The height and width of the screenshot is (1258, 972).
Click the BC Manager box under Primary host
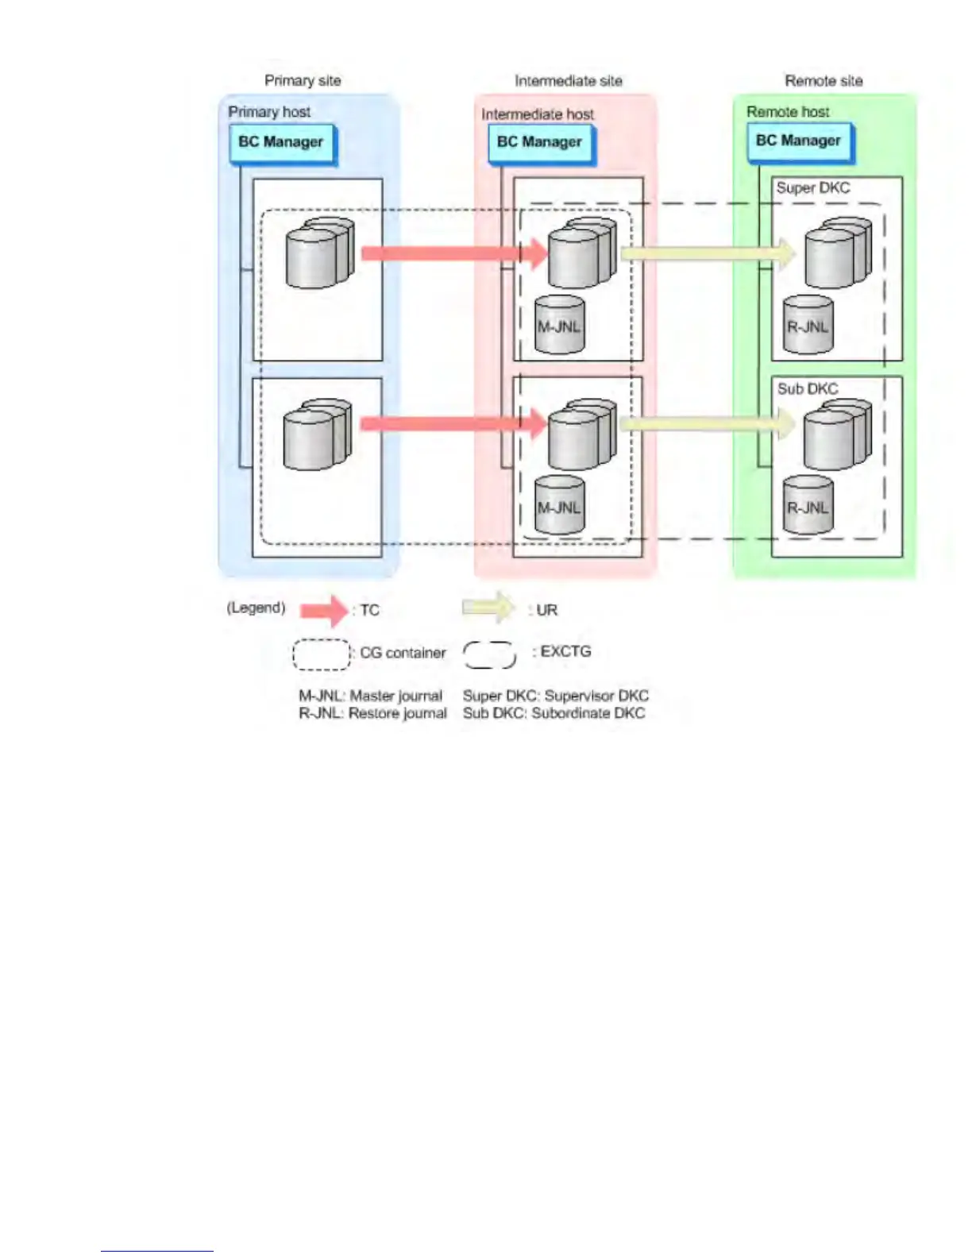click(282, 143)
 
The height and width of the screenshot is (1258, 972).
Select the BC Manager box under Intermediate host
click(540, 143)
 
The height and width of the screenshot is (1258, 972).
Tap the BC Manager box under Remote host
click(799, 141)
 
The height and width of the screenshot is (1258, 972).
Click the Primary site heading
click(303, 81)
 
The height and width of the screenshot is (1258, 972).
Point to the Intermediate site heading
click(569, 81)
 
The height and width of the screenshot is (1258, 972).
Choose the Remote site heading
click(823, 81)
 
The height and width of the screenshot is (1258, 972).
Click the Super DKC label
click(813, 188)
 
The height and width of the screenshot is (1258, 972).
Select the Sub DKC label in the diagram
click(808, 388)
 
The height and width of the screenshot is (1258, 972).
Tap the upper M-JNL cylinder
click(560, 326)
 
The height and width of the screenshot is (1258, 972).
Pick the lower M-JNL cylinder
click(560, 506)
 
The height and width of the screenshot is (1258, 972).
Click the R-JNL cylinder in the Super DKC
click(808, 326)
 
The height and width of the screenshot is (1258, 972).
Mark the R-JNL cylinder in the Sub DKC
click(808, 506)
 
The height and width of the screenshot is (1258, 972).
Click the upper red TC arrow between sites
click(453, 253)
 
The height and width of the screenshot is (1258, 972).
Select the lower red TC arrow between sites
click(453, 424)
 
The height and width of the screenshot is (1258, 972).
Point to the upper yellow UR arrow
click(707, 253)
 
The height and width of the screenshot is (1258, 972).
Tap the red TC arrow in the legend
click(324, 610)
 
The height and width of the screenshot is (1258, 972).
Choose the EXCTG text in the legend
click(565, 651)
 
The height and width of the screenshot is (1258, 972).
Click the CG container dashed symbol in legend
click(321, 654)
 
